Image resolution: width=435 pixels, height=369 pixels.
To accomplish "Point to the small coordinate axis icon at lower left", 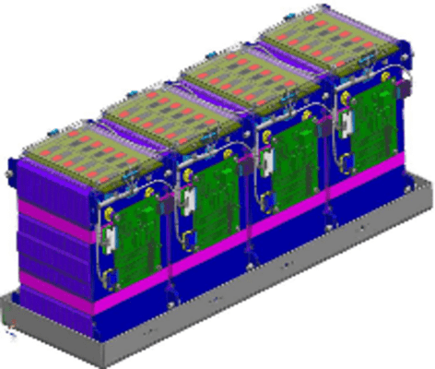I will [x=11, y=327].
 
